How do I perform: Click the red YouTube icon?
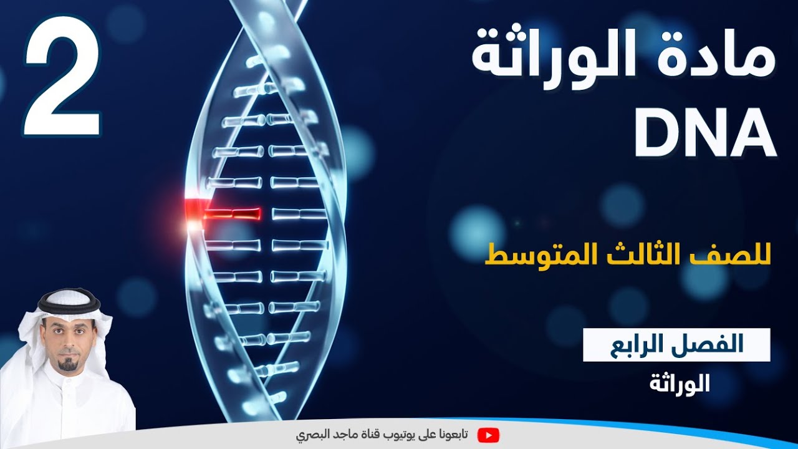[x=488, y=435]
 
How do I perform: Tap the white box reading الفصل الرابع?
[x=676, y=344]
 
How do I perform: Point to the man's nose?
[x=69, y=342]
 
